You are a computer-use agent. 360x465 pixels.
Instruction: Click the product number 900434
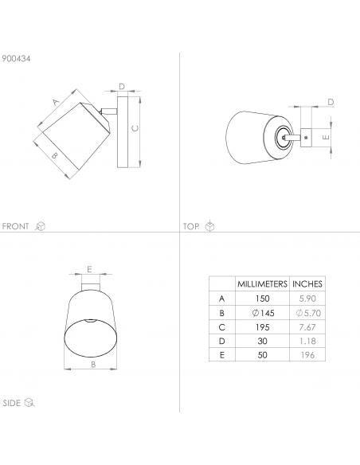[x=16, y=58]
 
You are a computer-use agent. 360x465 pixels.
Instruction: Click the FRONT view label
[x=15, y=226]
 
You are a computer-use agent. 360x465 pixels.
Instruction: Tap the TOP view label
[x=191, y=227]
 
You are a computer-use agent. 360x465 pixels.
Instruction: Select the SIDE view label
[x=12, y=403]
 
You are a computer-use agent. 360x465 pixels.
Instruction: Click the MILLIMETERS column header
[x=262, y=283]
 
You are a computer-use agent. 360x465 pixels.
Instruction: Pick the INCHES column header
[x=307, y=283]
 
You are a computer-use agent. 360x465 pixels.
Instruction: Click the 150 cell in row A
[x=263, y=299]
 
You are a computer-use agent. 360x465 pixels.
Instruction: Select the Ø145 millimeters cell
[x=263, y=313]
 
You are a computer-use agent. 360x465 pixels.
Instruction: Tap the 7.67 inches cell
[x=307, y=327]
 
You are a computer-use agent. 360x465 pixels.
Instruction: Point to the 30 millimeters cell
[x=263, y=341]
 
